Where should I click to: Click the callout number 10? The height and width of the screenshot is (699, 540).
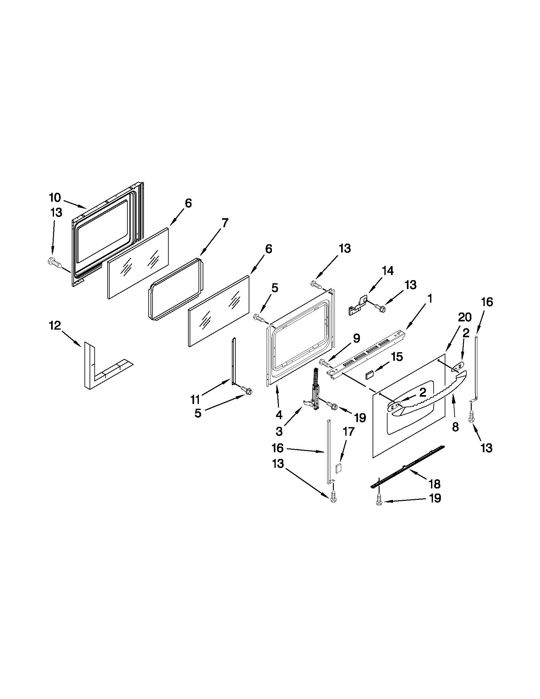pyautogui.click(x=55, y=198)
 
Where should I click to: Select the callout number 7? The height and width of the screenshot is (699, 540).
pyautogui.click(x=225, y=223)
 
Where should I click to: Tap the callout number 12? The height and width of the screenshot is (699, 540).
pyautogui.click(x=55, y=326)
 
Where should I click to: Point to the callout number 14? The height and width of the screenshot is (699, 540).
pyautogui.click(x=388, y=271)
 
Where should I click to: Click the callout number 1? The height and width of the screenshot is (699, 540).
pyautogui.click(x=430, y=299)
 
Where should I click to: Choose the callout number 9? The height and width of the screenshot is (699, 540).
pyautogui.click(x=356, y=338)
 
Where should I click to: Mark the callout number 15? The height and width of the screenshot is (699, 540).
pyautogui.click(x=397, y=357)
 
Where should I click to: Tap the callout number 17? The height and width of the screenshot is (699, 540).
pyautogui.click(x=348, y=432)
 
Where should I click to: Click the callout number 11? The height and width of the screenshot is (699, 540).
pyautogui.click(x=195, y=399)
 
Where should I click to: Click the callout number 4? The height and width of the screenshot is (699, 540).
pyautogui.click(x=279, y=415)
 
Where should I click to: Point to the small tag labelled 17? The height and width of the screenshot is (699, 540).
pyautogui.click(x=339, y=468)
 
